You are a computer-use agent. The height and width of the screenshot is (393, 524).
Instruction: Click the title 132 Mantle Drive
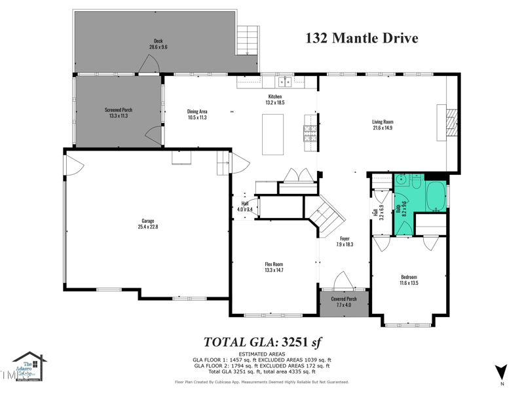[362, 38]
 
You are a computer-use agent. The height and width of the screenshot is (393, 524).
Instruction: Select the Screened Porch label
[119, 110]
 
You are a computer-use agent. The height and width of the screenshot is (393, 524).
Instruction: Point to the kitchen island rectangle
[273, 134]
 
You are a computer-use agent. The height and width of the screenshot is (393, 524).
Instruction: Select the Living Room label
[383, 122]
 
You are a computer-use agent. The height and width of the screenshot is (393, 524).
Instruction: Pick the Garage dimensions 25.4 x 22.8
[148, 227]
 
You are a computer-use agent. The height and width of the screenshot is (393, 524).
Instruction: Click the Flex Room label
[274, 264]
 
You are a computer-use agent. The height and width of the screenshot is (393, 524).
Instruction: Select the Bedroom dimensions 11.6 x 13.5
[409, 283]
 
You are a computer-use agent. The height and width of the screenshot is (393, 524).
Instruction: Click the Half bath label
[244, 204]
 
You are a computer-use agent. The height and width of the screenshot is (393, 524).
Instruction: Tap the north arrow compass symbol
[502, 371]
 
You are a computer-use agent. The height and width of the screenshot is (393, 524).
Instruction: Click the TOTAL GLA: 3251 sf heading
[262, 341]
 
